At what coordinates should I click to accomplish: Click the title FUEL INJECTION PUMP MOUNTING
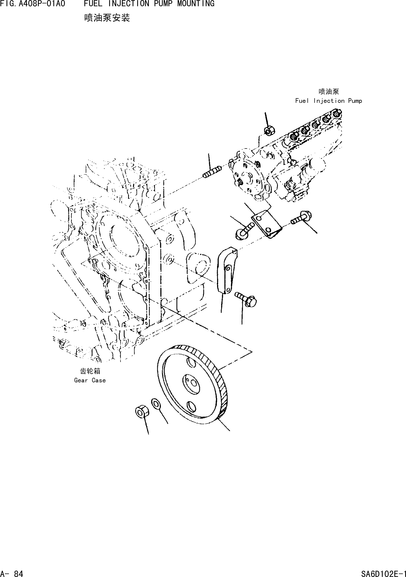149,4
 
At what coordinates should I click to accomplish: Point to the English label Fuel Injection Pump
328,101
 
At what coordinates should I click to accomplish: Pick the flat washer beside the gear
156,404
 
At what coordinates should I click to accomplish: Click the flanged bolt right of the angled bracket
302,217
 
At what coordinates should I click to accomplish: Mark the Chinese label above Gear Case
90,371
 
